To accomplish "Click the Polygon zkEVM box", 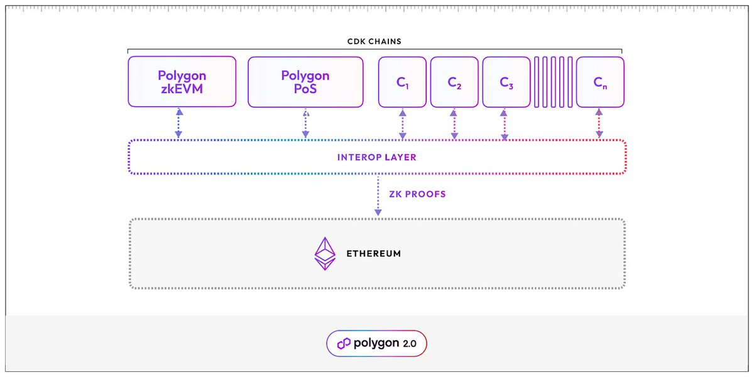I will [182, 82].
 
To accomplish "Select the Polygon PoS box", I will [305, 82].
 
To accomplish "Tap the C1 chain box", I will [402, 82].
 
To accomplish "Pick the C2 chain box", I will [454, 82].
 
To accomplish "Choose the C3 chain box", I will [506, 82].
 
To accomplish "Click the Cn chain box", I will [600, 82].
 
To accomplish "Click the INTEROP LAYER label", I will [376, 157].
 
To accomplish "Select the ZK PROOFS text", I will [417, 194].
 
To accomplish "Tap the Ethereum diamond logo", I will [325, 254].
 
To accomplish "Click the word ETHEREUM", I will [373, 254].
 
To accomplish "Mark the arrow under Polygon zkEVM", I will [180, 123].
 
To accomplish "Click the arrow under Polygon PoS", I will [305, 123].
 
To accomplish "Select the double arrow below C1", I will [402, 123].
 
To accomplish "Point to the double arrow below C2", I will [454, 123].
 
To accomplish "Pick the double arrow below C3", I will [504, 123].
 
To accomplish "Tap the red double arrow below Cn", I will [599, 123].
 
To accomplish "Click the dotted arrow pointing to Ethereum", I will [378, 196].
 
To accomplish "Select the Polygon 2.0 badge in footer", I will [376, 344].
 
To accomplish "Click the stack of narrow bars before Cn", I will [553, 82].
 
